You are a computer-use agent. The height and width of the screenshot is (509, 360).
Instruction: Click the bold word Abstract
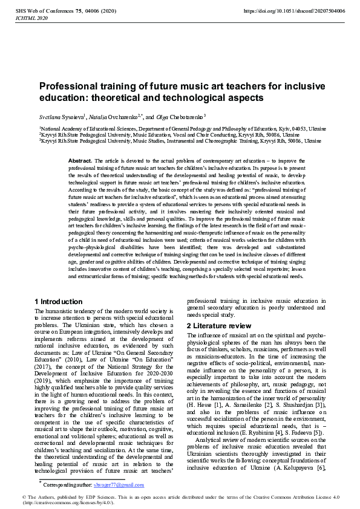coord(80,161)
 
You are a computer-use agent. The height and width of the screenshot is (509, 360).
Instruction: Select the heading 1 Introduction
coord(59,302)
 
